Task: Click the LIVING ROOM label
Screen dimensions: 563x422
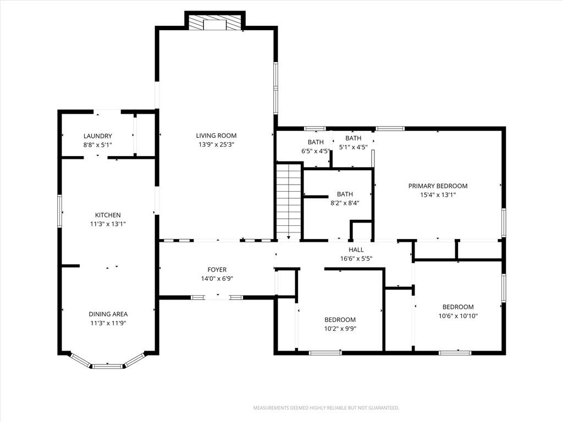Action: pos(216,136)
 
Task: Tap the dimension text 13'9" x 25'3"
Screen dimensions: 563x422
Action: pos(216,145)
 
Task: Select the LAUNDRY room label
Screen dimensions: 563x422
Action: pos(98,136)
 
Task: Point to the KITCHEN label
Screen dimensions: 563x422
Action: pos(108,215)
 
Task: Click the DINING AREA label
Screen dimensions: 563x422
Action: pos(108,314)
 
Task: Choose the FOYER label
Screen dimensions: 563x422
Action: pos(217,269)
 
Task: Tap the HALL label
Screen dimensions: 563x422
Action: pos(356,250)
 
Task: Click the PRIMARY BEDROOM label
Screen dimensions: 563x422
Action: pos(438,186)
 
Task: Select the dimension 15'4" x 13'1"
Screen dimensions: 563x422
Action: pos(438,195)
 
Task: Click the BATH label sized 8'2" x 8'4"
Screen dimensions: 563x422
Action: pos(345,194)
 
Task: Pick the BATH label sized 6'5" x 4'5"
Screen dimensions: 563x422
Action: pos(316,142)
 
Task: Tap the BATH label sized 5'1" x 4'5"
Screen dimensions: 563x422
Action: pos(354,138)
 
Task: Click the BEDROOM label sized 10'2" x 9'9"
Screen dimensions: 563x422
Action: pos(340,320)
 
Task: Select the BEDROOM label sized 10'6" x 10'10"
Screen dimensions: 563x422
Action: pos(458,307)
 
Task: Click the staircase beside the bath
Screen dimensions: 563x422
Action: pos(289,201)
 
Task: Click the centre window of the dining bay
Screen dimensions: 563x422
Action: pos(107,366)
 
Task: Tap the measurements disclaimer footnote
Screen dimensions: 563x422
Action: pos(326,408)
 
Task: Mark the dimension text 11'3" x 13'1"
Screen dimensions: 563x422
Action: pos(108,224)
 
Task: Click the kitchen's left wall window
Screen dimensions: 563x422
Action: pos(60,211)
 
